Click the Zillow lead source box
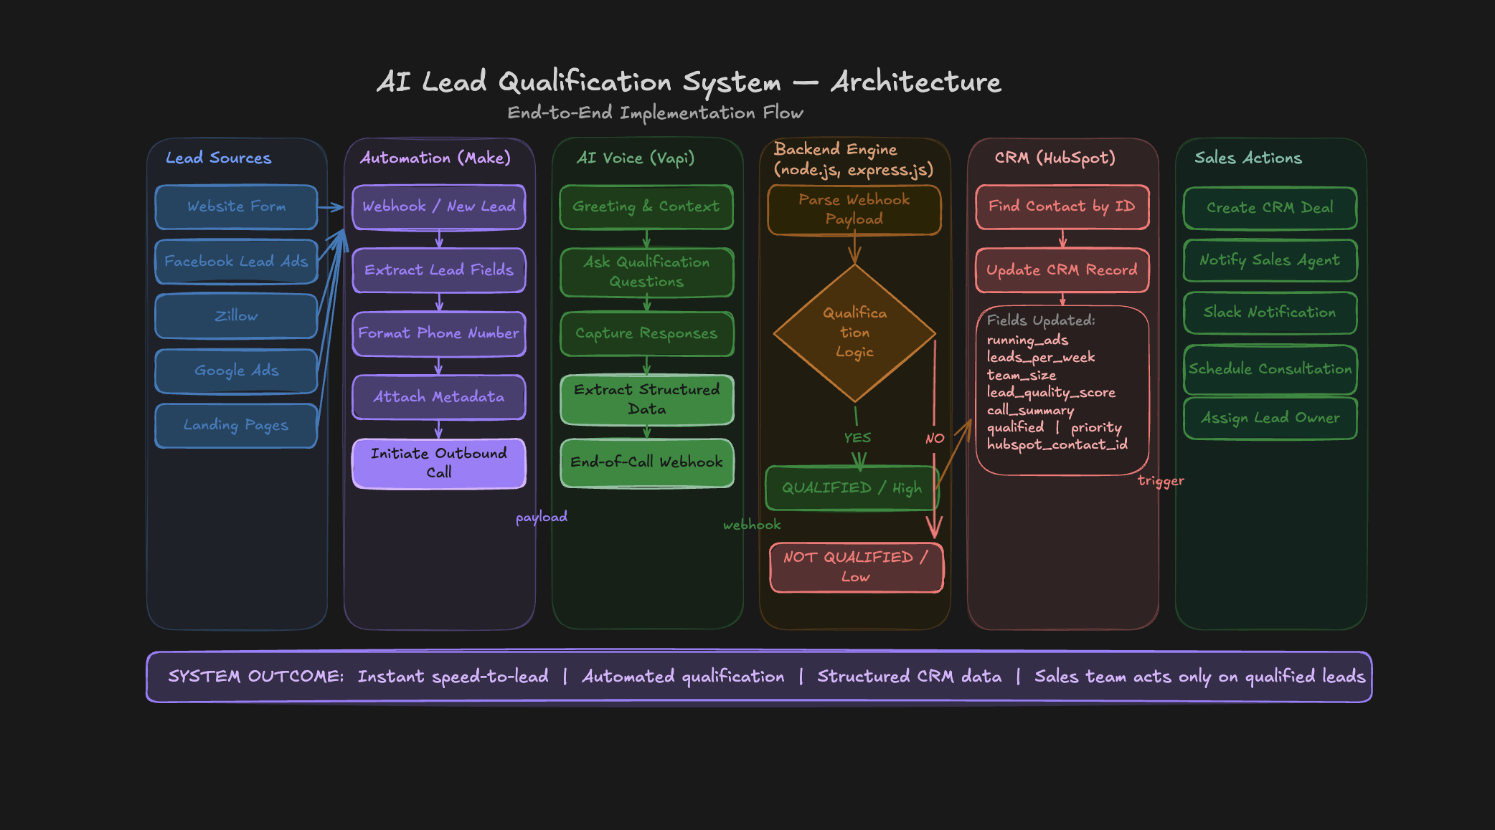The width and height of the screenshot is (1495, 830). [x=236, y=316]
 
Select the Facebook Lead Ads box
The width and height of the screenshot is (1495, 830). [x=236, y=262]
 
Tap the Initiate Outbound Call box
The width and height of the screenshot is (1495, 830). [x=438, y=463]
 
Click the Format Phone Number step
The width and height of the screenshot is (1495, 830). [x=438, y=333]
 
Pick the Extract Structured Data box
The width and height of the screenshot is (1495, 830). [x=646, y=399]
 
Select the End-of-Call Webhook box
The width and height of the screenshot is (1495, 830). [x=646, y=462]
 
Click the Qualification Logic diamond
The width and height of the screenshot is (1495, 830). [x=854, y=333]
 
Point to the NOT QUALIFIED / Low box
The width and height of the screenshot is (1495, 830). [x=856, y=567]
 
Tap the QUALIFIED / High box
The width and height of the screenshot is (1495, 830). [x=851, y=488]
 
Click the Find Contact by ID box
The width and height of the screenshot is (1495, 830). [x=1062, y=206]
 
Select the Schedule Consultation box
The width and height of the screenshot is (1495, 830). [x=1270, y=369]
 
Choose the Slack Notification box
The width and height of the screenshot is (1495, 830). [x=1270, y=313]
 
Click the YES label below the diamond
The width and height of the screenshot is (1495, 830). [x=857, y=438]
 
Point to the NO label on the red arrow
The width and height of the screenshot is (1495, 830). [x=935, y=439]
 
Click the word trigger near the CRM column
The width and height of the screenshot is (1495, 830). [x=1161, y=481]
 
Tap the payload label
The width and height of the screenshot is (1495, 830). [x=542, y=517]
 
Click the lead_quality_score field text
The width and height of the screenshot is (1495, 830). [x=1051, y=392]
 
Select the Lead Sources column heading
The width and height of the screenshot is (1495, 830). [x=219, y=158]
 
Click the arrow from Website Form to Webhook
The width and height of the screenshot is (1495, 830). [x=331, y=208]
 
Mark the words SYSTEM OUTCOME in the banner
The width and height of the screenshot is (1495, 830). [x=256, y=677]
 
